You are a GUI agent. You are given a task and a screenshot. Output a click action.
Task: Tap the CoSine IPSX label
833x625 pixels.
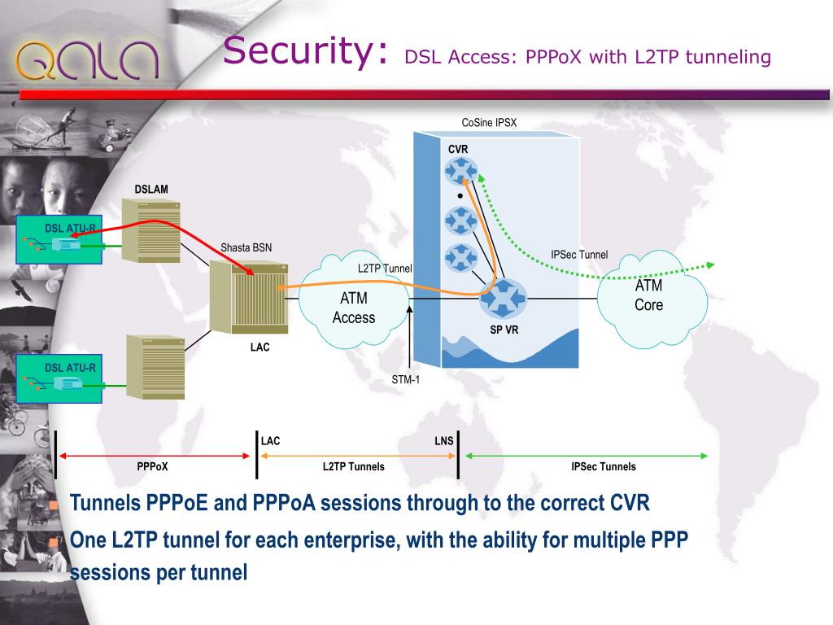click(x=489, y=124)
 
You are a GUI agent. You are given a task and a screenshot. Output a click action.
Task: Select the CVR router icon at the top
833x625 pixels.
click(x=461, y=171)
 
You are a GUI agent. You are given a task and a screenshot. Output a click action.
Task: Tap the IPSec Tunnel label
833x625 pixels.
click(x=579, y=255)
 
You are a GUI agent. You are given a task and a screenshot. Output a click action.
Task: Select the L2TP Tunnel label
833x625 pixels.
click(x=385, y=269)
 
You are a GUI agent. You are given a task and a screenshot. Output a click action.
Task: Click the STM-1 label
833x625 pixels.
click(x=406, y=378)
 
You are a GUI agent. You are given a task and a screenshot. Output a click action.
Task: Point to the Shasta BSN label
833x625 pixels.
click(x=246, y=248)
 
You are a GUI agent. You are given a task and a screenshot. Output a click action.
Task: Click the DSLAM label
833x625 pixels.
click(x=151, y=190)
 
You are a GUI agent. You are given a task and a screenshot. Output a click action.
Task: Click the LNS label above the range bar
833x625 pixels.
click(x=444, y=441)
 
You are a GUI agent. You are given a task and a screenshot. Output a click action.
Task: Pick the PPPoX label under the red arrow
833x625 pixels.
click(x=153, y=467)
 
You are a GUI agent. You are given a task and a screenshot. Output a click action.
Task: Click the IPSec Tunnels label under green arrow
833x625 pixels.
click(x=604, y=467)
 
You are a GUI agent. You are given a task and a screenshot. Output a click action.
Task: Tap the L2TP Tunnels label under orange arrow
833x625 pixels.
click(x=354, y=467)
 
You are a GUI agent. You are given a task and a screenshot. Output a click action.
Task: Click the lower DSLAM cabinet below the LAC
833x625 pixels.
click(x=155, y=365)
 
